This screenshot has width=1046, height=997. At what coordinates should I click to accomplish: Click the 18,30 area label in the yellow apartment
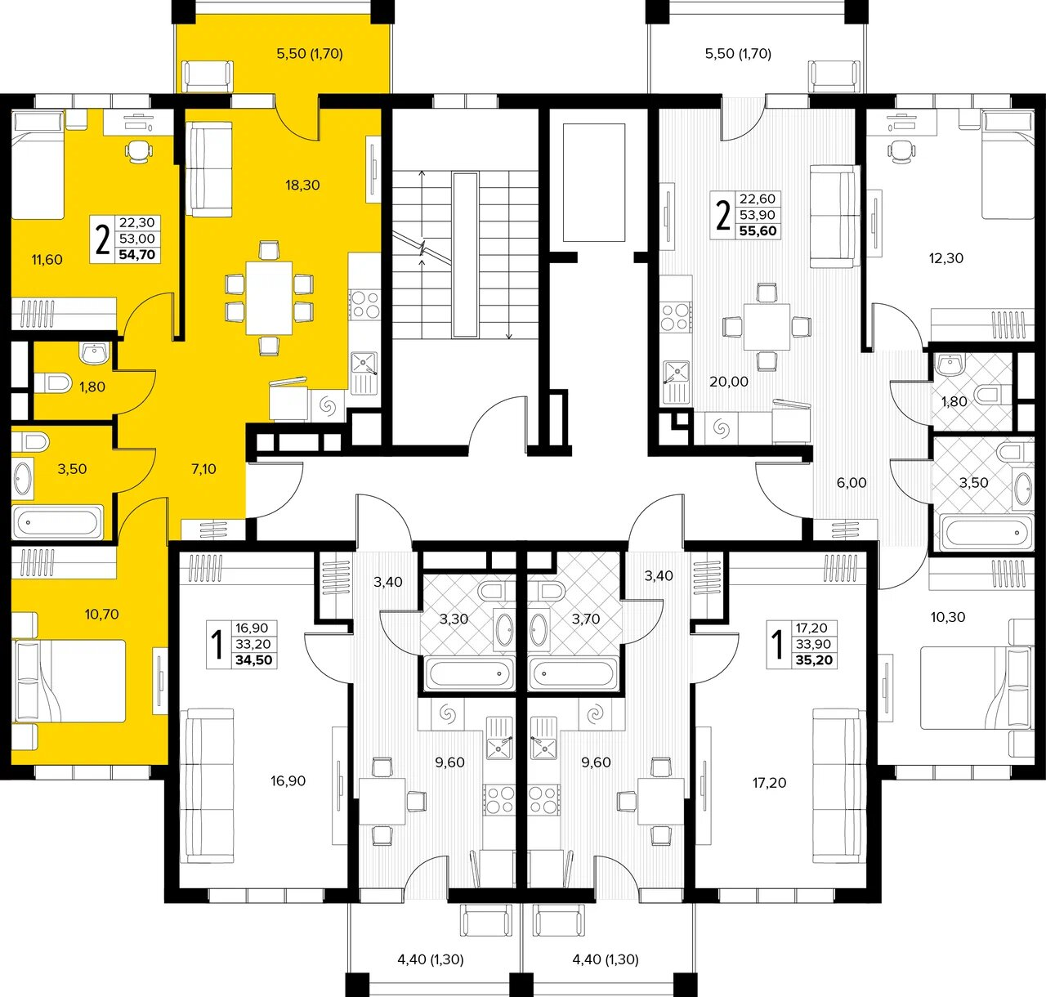302,186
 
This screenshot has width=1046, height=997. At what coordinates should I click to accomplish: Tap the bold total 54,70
136,255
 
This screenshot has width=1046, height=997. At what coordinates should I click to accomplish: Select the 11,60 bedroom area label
47,260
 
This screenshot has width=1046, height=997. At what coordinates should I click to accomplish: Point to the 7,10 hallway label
203,469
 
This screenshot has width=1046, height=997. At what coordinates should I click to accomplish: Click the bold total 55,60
758,231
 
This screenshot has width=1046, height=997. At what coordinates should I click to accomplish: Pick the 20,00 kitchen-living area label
729,382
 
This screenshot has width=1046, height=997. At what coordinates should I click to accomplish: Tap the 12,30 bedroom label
946,258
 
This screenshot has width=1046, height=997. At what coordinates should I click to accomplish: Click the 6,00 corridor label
852,482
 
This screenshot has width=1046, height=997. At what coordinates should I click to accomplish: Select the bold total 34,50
254,660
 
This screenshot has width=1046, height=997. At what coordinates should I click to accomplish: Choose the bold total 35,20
814,661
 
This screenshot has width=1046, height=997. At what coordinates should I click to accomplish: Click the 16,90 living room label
288,781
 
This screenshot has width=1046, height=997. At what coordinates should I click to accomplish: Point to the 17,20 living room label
769,783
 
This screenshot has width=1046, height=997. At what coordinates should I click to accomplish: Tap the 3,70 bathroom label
586,619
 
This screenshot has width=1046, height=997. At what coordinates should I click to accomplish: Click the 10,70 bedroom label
101,614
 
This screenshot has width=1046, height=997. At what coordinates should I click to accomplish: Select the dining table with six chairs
269,298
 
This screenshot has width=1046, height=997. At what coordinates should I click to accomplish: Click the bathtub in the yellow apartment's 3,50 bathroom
57,522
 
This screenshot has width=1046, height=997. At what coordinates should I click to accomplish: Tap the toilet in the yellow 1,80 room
53,382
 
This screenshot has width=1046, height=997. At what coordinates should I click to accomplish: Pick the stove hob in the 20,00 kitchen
676,317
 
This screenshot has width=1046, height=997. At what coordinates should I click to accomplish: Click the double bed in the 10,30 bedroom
977,687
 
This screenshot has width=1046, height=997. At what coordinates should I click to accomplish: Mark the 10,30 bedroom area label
948,617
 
